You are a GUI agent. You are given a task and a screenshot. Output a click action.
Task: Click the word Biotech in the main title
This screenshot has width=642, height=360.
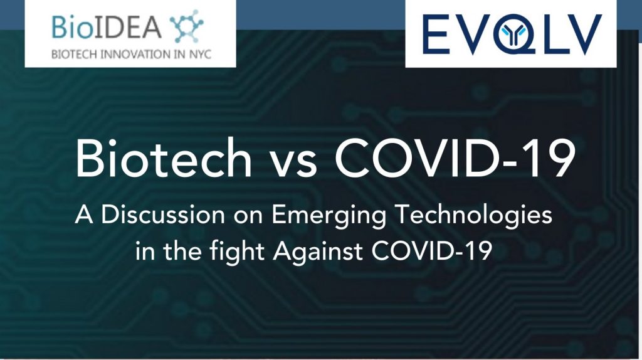tap(164, 157)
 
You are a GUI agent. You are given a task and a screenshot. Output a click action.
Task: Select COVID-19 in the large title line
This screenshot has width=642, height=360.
tap(455, 157)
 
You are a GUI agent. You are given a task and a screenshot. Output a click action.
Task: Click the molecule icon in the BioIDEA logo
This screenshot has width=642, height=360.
tap(187, 26)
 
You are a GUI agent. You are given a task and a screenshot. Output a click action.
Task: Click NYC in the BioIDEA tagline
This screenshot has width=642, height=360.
tap(200, 54)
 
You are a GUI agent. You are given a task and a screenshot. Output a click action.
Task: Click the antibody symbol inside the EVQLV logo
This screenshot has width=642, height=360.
tap(511, 35)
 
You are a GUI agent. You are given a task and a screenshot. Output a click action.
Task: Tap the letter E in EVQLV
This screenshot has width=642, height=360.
tap(436, 34)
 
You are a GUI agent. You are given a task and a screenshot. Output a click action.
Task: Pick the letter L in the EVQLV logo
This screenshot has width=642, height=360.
tap(547, 34)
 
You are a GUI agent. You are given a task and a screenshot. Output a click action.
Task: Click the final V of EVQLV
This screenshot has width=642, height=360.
tap(581, 34)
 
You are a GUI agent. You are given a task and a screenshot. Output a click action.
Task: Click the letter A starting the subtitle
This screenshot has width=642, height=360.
tap(85, 214)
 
